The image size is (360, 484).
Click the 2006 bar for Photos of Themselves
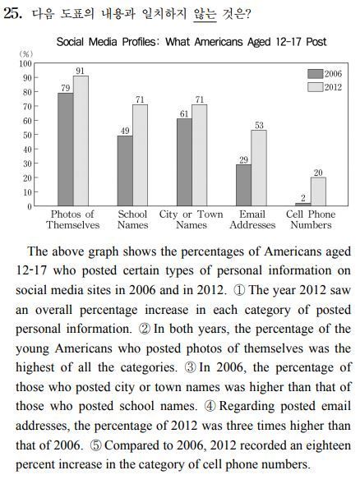coord(66,150)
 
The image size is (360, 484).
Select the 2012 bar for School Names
coord(141,155)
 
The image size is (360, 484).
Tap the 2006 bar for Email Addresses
coord(243,185)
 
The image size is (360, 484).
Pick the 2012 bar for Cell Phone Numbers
coord(318,191)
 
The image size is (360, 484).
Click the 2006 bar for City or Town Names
coord(184,163)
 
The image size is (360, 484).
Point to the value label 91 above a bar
coord(81,71)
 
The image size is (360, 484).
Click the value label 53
coord(259,126)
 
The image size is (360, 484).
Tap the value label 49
coord(125,131)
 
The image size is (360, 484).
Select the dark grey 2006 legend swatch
coord(316,74)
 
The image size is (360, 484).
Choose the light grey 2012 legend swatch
coord(316,87)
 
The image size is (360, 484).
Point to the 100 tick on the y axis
coord(25,63)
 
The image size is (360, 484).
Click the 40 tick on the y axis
coord(27,150)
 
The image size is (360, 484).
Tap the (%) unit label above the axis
coord(26,54)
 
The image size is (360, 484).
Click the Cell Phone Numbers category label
coord(311,219)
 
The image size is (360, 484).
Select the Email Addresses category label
coord(252,219)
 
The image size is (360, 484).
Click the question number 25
coord(12,14)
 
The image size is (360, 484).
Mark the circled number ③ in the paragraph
coord(190,367)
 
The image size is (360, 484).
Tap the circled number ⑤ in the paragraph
coord(95,445)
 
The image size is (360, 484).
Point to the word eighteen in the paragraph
coord(329,445)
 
